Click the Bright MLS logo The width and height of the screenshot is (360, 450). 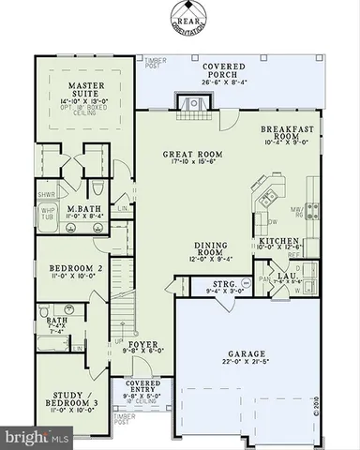pos(37,437)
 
